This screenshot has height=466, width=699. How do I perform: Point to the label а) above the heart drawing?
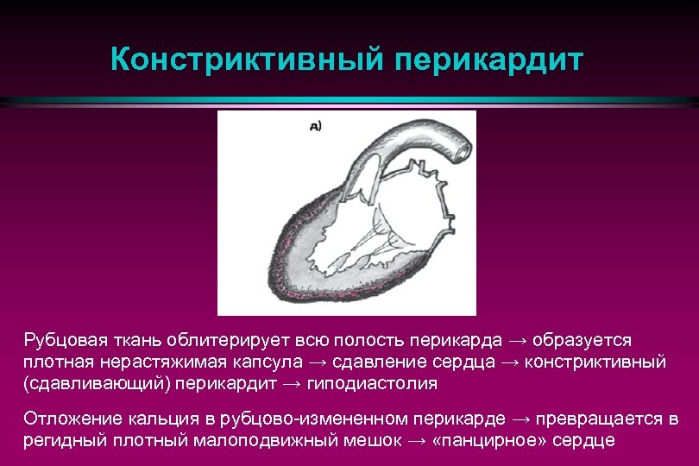click(315, 127)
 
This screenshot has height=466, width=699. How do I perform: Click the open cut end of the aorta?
click(463, 149)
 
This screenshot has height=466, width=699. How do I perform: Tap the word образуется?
click(588, 340)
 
